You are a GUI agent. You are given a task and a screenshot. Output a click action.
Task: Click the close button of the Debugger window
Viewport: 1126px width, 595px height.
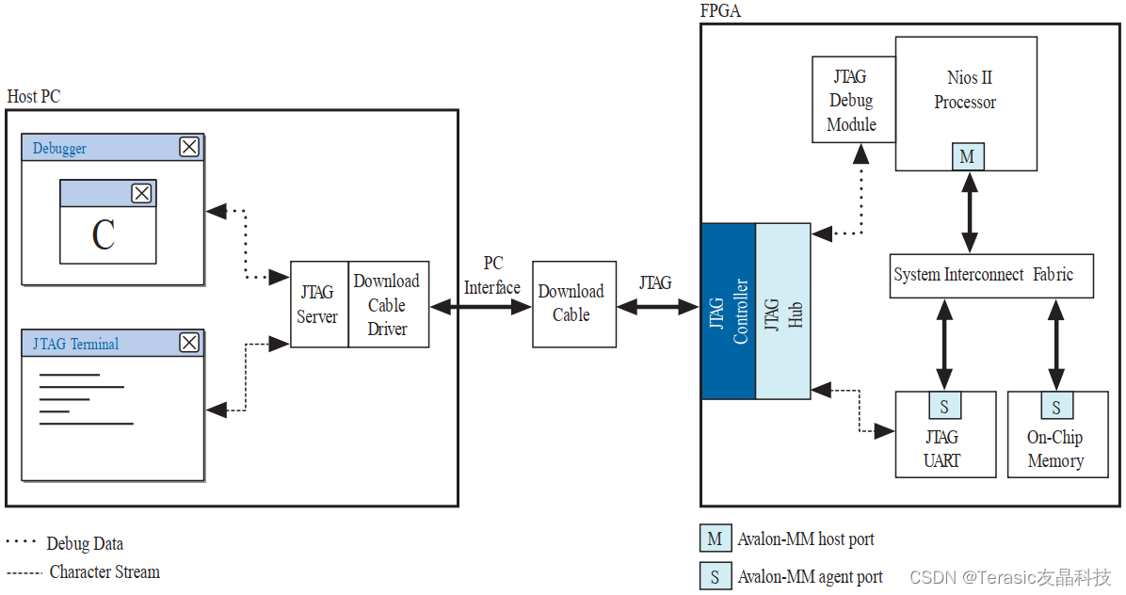tap(189, 147)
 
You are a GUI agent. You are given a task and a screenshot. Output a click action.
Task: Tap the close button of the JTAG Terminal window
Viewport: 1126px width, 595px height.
tap(189, 343)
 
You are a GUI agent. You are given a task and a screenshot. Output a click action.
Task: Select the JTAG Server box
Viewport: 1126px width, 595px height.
tap(318, 304)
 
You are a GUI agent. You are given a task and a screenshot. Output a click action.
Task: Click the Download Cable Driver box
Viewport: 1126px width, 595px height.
tap(388, 304)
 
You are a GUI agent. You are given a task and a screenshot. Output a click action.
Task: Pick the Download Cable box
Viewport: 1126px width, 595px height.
tap(571, 303)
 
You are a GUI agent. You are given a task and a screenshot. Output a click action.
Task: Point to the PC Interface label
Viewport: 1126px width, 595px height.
tap(492, 276)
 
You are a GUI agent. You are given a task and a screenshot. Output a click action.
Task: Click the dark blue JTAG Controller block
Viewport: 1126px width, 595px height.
tap(728, 311)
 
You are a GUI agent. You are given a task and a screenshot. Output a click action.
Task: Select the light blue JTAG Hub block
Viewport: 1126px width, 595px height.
tap(782, 311)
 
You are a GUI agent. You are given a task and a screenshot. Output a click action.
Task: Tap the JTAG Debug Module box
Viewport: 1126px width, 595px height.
tap(852, 100)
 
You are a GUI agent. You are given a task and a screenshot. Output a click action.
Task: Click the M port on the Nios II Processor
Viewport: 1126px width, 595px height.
tap(967, 157)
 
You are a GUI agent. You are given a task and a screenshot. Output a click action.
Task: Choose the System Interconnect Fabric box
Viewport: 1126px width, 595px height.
tap(990, 275)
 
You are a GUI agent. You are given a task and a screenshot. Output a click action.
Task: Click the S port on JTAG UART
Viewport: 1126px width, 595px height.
tap(944, 407)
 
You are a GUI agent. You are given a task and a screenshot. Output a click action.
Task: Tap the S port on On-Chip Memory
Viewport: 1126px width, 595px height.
tap(1056, 407)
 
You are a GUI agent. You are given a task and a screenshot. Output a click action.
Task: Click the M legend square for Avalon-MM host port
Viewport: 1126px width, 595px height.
tap(715, 539)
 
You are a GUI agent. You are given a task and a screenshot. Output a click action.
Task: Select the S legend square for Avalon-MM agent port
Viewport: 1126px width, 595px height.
tap(715, 576)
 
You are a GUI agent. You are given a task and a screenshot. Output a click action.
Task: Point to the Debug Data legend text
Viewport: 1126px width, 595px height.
tap(85, 543)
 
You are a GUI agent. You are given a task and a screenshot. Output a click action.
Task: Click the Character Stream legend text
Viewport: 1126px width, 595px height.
tap(105, 571)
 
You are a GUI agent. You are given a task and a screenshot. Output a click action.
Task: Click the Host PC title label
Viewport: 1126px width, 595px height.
tap(34, 96)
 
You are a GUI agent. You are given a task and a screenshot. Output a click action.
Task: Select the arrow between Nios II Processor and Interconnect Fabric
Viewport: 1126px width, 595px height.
tap(969, 212)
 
